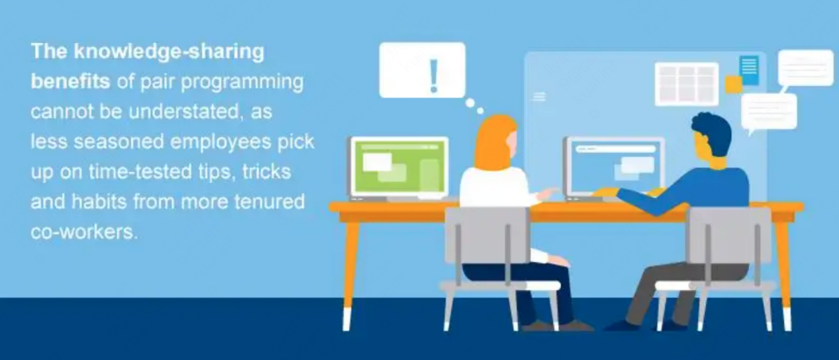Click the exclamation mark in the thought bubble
click(x=433, y=75)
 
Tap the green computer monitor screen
click(x=399, y=167)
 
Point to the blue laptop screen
click(x=614, y=167)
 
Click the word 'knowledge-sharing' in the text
click(x=169, y=53)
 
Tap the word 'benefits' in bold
click(x=71, y=83)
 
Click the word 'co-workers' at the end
click(x=83, y=233)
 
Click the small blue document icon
click(x=749, y=70)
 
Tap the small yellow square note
click(x=734, y=84)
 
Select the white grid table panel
click(x=686, y=84)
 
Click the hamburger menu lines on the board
click(x=540, y=97)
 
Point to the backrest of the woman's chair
click(x=487, y=235)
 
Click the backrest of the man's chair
click(x=729, y=235)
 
